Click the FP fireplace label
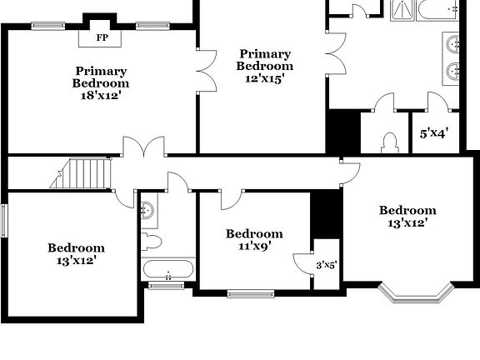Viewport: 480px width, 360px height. click(102, 37)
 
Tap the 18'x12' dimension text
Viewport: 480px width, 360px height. click(101, 95)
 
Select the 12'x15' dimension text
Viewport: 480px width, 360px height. click(265, 78)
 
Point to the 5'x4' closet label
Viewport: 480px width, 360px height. click(434, 132)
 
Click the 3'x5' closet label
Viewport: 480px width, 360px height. click(326, 265)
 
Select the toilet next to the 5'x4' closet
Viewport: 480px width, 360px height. click(389, 143)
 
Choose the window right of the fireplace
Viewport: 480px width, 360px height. click(154, 25)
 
